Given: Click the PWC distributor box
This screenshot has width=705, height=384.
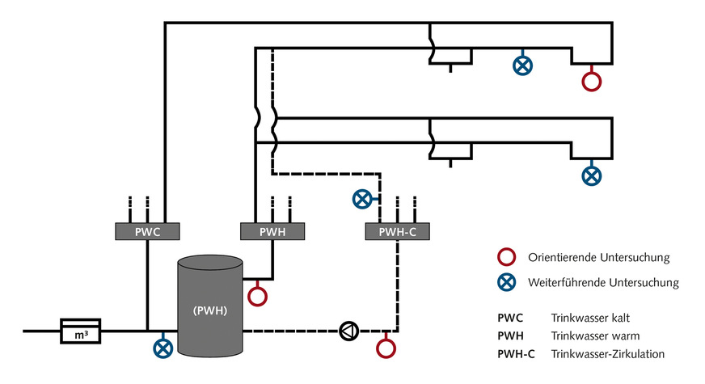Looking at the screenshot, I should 146,231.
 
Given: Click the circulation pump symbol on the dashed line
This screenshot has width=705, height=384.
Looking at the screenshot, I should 348,330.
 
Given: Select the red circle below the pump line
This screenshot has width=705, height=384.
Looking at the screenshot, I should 386,348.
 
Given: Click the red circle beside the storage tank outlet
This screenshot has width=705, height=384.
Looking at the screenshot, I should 257,296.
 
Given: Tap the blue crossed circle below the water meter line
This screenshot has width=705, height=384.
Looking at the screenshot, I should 164,348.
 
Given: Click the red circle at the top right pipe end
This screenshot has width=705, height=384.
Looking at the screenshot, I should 593,81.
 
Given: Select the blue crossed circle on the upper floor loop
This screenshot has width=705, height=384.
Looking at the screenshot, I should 523,65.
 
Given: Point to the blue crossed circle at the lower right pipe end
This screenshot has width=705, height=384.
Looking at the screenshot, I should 593,174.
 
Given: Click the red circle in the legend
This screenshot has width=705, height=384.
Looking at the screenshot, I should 507,258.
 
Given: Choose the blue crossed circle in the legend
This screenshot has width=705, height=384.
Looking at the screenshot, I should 507,282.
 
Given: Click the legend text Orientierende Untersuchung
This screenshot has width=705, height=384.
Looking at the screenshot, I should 598,258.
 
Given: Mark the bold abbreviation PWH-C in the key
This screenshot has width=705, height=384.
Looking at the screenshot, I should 517,353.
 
